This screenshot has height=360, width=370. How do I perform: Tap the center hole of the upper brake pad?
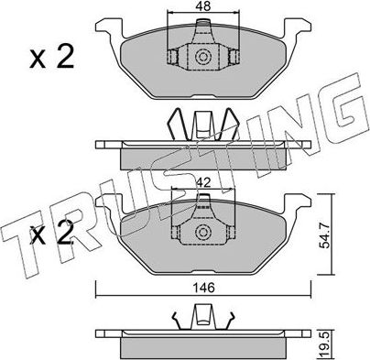coord(201,60)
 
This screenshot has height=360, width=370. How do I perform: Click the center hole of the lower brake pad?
coord(201,233)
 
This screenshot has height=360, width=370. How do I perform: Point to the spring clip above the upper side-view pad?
coord(201,123)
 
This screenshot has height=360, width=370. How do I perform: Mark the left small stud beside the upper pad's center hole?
coord(171,60)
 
